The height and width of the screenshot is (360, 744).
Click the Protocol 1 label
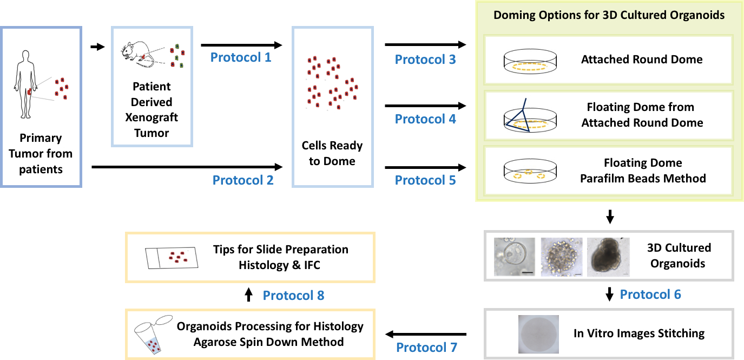[241, 56]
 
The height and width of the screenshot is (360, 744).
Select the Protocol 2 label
[243, 180]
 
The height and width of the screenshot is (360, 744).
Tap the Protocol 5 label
[425, 180]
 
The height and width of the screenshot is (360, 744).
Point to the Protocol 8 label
[293, 295]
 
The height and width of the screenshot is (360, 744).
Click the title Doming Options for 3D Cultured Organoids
[609, 15]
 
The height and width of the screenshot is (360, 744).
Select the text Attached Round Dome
[642, 60]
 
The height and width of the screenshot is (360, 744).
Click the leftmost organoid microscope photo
[514, 257]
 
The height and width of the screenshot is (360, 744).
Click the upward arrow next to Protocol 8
[248, 294]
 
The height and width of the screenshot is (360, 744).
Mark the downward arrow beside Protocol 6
[609, 294]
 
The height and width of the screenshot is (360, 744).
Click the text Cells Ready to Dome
[332, 153]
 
